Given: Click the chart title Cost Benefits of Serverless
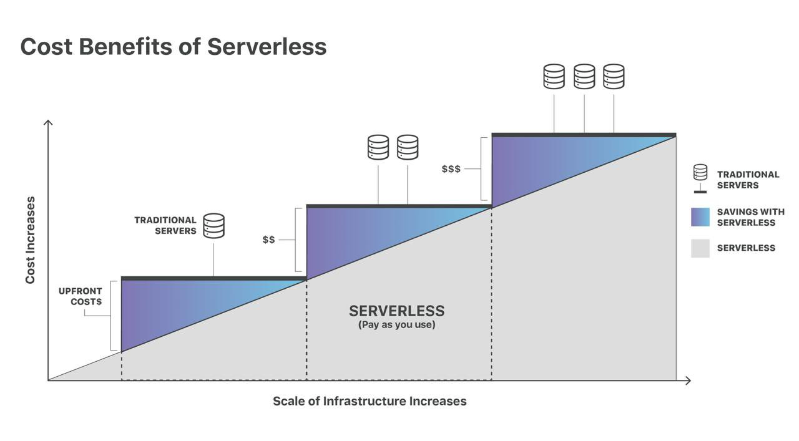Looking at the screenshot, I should coord(173,47).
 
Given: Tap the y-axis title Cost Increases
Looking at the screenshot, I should coord(30,240).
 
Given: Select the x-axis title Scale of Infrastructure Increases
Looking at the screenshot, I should coord(370,401).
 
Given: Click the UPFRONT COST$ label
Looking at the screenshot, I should coord(80,296).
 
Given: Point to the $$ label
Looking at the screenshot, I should coord(268,240).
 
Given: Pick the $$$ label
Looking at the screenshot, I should coord(451,169).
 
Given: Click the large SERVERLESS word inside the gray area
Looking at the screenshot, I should coord(396,311).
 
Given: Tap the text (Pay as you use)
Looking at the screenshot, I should coord(396,325).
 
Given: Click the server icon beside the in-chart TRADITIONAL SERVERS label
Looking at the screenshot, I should coord(213,226).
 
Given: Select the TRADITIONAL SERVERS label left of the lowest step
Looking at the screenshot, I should coord(165,225).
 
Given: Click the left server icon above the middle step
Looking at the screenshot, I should coord(378,147).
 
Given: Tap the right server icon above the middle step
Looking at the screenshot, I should coord(408,147).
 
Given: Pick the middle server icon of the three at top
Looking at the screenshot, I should coord(584,76).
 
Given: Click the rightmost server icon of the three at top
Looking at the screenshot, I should coord(614,76).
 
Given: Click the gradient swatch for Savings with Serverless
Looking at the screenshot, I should coord(700,217).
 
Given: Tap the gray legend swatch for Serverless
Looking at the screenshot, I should coord(700,248).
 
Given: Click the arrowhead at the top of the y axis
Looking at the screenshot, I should coord(48,122).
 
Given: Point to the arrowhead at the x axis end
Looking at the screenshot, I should coord(688,380).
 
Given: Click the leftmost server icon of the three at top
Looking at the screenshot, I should coord(554,76).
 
